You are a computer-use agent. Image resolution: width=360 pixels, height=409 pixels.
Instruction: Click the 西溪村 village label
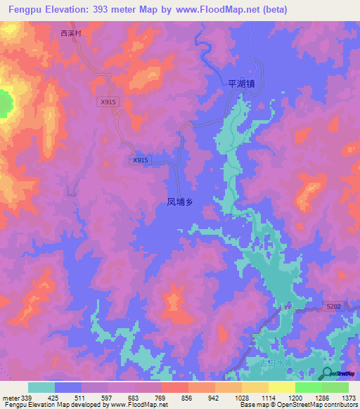coord(72,33)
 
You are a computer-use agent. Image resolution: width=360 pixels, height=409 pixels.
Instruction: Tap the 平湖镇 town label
coord(240,82)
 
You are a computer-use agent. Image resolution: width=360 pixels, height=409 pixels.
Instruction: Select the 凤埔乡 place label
coord(179,202)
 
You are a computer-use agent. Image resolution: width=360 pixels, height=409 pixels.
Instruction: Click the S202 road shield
coord(333,307)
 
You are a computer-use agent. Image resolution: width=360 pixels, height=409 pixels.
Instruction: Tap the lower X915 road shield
coord(141,160)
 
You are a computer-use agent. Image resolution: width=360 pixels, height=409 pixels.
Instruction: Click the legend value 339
coord(27,398)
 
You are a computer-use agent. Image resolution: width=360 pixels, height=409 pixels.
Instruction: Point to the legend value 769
coord(161,398)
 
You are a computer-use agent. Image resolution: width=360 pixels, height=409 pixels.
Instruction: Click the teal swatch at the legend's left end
coord(41,387)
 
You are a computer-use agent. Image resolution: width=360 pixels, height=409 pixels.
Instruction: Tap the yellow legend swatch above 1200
coord(282,387)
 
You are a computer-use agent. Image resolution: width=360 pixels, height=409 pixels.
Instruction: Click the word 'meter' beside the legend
coord(10,398)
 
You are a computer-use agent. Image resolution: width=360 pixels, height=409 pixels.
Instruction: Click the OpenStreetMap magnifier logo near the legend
coord(328,373)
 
